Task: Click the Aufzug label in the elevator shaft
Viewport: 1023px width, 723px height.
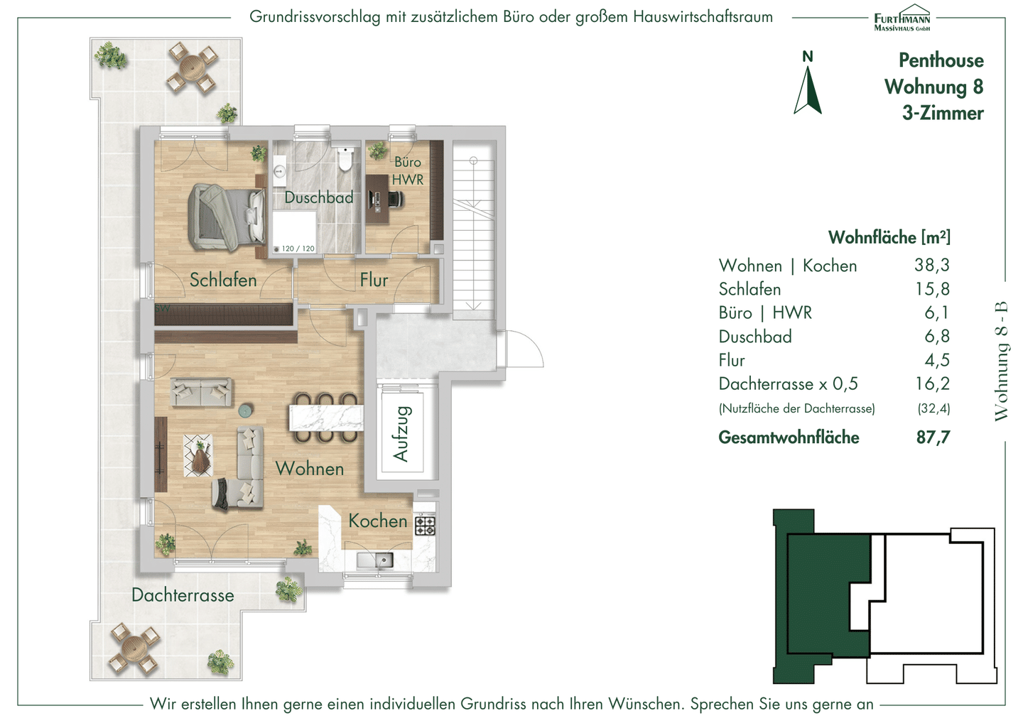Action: point(401,434)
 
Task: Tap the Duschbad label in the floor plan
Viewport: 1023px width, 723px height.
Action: point(319,197)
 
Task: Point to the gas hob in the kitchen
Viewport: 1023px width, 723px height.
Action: point(425,526)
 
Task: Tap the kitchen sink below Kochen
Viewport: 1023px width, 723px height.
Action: point(375,560)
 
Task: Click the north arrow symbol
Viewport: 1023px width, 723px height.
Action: point(808,90)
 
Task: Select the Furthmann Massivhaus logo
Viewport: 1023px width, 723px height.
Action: point(902,18)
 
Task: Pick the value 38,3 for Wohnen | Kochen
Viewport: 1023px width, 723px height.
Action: point(931,265)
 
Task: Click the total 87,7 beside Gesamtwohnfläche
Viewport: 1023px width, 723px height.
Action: point(933,437)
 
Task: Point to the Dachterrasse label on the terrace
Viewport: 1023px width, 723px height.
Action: point(183,595)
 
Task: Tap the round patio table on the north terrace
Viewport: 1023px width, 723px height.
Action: point(193,67)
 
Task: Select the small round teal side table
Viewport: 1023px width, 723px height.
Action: point(247,411)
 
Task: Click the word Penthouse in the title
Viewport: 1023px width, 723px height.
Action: point(941,60)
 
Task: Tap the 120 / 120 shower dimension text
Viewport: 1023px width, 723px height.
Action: point(298,249)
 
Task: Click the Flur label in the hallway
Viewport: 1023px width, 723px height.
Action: point(374,281)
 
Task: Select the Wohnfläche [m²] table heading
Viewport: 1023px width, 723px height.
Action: point(889,237)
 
